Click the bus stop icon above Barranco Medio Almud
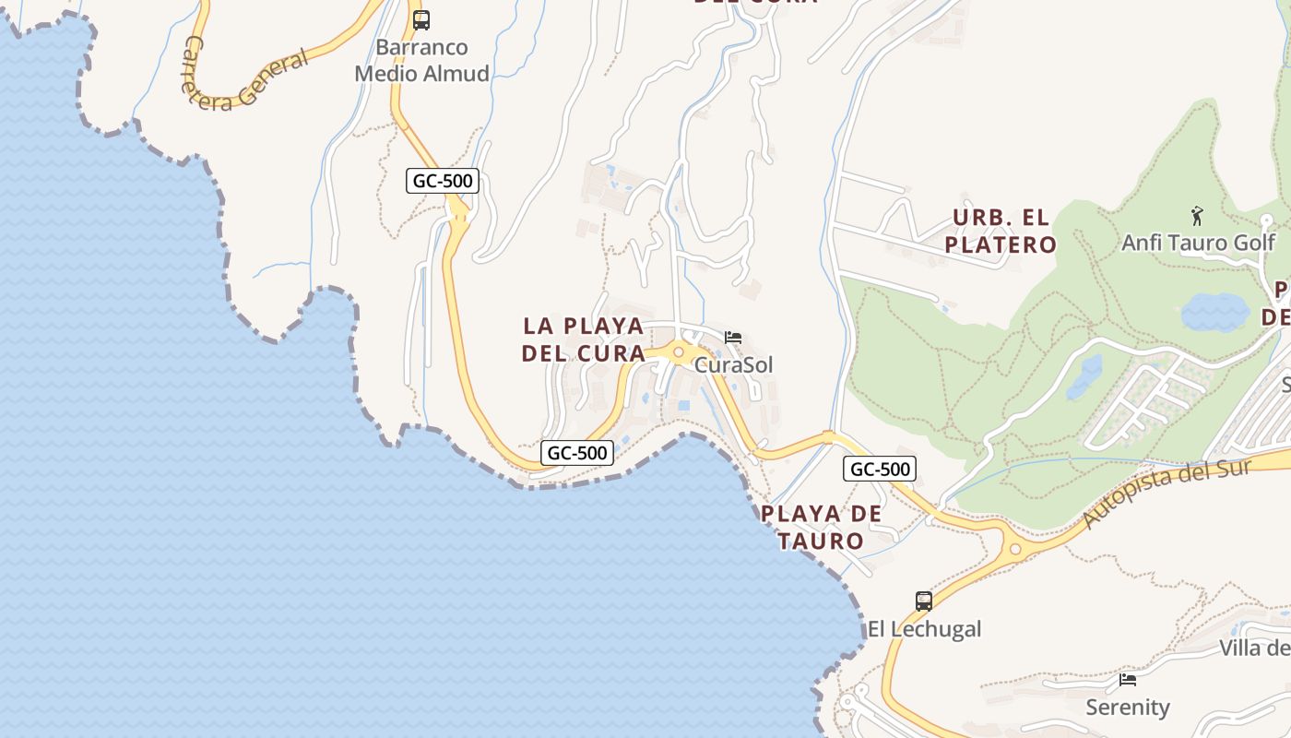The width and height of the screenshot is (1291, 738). [421, 19]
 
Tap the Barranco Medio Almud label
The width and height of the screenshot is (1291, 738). [422, 61]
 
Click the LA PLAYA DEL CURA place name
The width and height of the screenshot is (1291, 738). [584, 339]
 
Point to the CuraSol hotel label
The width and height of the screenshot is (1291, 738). [734, 364]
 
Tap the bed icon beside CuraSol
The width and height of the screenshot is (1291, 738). [733, 338]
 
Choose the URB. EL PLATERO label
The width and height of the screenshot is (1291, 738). [1001, 232]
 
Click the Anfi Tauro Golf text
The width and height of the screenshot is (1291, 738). [1198, 243]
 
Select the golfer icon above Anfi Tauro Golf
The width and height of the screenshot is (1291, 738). [1197, 217]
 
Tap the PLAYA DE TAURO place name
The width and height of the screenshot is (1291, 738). [821, 527]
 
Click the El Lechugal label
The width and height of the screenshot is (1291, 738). [924, 629]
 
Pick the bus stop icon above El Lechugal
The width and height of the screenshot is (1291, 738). [924, 601]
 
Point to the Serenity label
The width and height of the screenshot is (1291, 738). [1128, 708]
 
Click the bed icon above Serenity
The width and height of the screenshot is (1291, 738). [1128, 681]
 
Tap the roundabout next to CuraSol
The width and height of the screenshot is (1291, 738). [678, 351]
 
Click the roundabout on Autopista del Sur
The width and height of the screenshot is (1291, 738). [1015, 549]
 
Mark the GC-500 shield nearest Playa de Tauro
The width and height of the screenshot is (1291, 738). [880, 469]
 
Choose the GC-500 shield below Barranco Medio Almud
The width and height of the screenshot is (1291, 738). [443, 181]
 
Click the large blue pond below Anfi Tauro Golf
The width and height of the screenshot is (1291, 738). [1215, 313]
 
